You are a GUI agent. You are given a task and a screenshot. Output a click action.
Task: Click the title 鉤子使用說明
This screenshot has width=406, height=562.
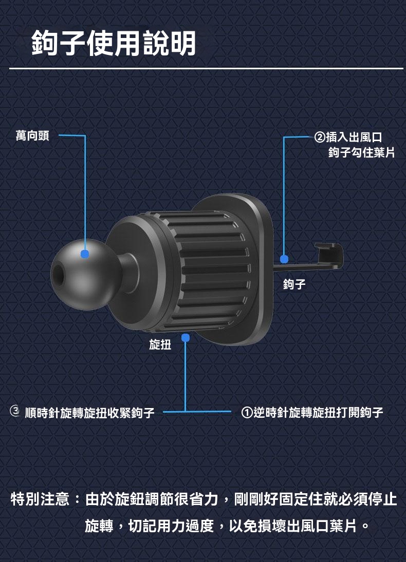[114, 43]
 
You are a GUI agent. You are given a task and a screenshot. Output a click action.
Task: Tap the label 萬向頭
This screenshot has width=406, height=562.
[32, 136]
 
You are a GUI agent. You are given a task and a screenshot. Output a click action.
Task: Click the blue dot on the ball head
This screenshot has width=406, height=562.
[85, 254]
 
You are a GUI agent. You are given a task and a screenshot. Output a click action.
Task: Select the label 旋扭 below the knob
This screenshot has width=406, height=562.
[160, 344]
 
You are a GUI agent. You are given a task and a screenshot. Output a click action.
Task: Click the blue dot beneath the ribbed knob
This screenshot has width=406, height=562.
[186, 338]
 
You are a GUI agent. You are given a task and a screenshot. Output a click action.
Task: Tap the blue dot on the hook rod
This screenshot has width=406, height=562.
[284, 259]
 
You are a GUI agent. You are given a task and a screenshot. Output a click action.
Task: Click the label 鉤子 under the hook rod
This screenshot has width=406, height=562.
[294, 284]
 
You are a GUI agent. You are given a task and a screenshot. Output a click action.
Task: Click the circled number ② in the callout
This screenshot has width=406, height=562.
[320, 137]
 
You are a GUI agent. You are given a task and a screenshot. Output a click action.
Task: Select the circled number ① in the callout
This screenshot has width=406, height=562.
[247, 413]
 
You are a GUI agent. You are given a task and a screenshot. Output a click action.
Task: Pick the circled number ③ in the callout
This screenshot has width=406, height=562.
[15, 411]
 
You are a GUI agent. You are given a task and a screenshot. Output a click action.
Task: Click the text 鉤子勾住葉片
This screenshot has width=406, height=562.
[361, 152]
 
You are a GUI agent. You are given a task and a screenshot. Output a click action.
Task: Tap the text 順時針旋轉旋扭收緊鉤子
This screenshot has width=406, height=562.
[90, 413]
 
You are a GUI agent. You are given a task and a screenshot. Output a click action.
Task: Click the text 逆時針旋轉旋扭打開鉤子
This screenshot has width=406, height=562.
[319, 413]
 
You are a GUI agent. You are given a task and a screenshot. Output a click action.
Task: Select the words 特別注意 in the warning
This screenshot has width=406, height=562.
[40, 499]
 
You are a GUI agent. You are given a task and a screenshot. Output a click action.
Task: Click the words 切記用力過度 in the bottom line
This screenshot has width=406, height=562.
[171, 526]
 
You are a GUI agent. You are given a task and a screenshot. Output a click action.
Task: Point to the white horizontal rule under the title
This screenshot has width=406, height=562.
[206, 68]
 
